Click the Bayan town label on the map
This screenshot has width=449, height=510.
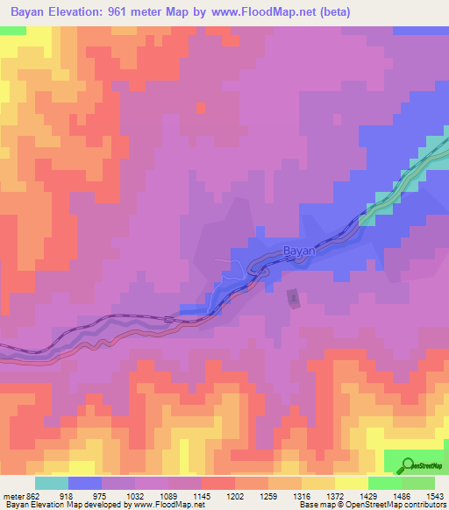pos(298,251)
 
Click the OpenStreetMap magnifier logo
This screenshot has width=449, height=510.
pos(407,464)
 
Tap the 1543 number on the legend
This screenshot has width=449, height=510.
pos(435,495)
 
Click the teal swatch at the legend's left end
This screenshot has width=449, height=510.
pos(52,483)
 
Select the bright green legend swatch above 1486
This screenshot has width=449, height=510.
pos(385,483)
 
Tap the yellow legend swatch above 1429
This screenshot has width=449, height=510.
pos(352,483)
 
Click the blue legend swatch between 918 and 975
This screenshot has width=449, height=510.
pos(85,483)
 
